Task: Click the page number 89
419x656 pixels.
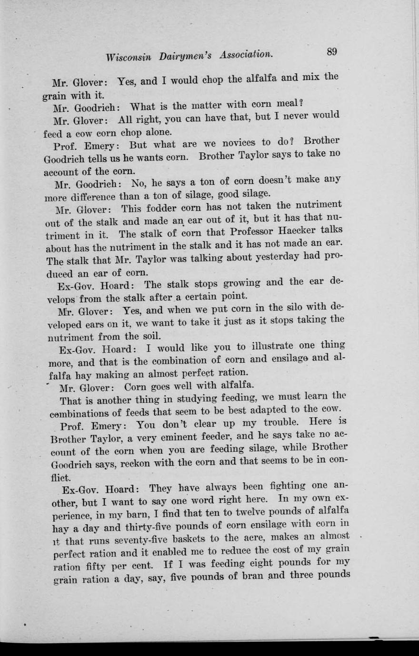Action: (x=332, y=52)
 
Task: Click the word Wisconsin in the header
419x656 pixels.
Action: (x=129, y=57)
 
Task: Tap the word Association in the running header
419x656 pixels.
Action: (x=246, y=55)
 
